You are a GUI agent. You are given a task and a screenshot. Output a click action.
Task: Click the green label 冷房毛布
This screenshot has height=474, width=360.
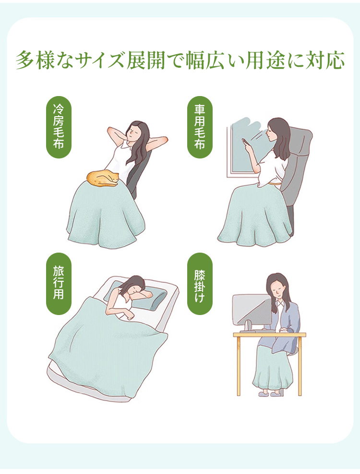tap(59, 127)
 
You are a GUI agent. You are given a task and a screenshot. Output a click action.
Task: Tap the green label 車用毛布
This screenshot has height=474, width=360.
tap(200, 127)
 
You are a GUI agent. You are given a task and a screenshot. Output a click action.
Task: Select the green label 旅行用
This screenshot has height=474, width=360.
tap(59, 283)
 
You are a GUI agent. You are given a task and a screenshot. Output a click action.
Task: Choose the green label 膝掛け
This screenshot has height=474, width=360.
tap(200, 283)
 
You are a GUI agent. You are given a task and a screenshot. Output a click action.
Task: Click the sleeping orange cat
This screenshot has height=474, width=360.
tap(103, 179)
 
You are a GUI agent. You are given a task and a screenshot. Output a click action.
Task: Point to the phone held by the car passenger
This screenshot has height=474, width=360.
tap(245, 142)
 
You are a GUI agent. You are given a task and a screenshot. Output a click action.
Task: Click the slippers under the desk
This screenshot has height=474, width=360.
tap(271, 394)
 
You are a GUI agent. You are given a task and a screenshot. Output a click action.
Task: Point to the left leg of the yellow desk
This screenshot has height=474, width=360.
tap(238, 366)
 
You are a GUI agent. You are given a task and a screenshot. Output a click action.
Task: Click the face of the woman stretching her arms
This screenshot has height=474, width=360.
tap(132, 132)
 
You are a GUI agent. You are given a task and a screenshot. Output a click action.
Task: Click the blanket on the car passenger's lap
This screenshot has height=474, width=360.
tap(255, 215)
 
